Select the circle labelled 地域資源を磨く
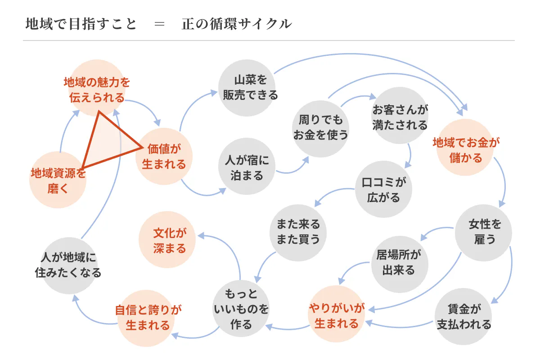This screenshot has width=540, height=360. (58, 180)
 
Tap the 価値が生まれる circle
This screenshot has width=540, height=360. (164, 156)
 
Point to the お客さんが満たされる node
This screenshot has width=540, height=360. (400, 116)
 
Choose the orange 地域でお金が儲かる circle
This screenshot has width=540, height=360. (466, 150)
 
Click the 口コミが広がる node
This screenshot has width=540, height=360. (384, 189)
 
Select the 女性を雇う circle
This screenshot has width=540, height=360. (484, 231)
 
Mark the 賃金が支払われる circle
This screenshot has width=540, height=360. (464, 316)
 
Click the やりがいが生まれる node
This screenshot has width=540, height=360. (336, 315)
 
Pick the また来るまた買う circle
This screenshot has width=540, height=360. (298, 231)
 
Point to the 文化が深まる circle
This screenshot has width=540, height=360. (169, 240)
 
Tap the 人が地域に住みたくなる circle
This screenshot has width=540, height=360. (68, 265)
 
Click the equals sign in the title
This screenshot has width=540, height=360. (159, 24)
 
